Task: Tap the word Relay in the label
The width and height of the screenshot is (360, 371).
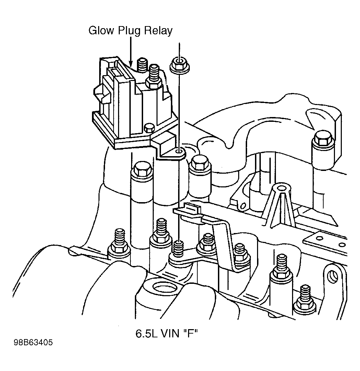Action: click(x=158, y=31)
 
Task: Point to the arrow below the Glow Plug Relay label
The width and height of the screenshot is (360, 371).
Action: click(x=131, y=51)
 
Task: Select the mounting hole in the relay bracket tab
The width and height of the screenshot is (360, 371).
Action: click(x=179, y=151)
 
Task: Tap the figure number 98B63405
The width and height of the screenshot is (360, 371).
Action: click(x=33, y=343)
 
